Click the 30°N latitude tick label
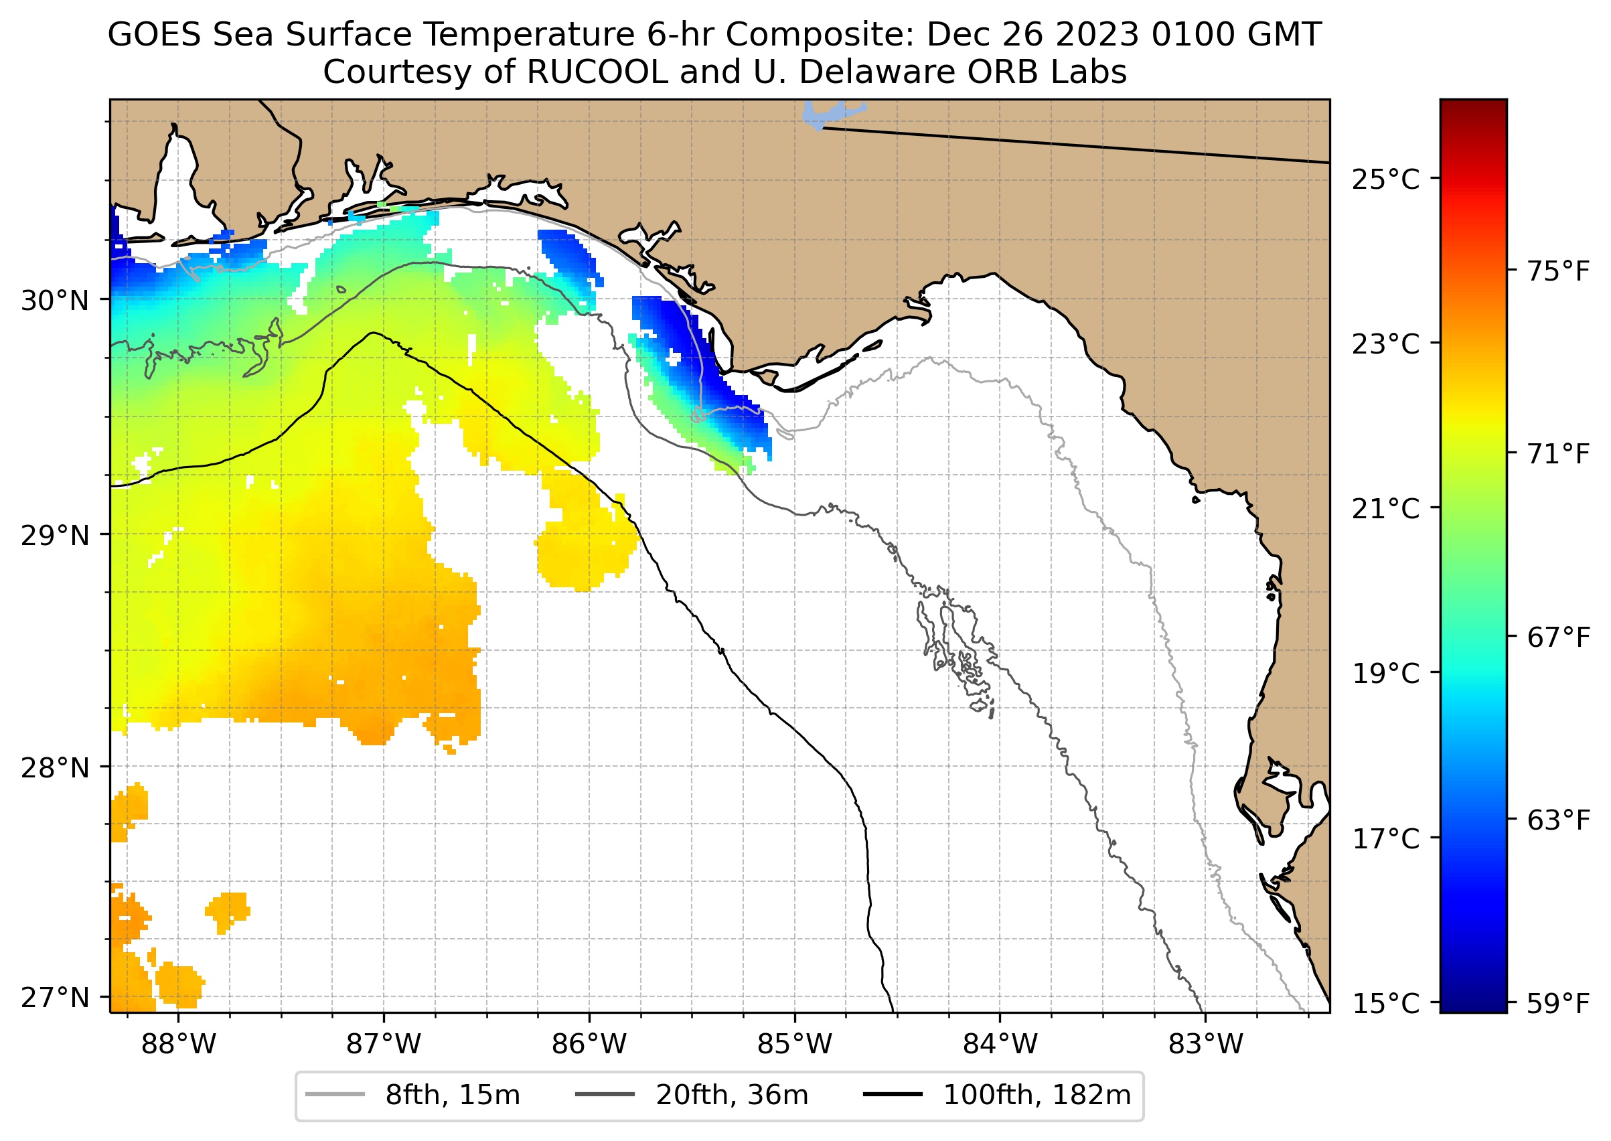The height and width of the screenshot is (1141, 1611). [x=55, y=301]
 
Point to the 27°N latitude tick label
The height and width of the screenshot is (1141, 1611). [x=55, y=998]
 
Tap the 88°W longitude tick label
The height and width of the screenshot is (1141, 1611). [x=179, y=1045]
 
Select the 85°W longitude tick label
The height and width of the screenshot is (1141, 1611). [x=795, y=1045]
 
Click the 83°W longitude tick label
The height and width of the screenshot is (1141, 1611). [x=1206, y=1045]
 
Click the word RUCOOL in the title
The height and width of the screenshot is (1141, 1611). [x=597, y=72]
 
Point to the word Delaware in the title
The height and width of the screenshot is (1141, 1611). [x=878, y=72]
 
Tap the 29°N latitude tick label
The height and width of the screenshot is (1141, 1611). [x=55, y=536]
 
